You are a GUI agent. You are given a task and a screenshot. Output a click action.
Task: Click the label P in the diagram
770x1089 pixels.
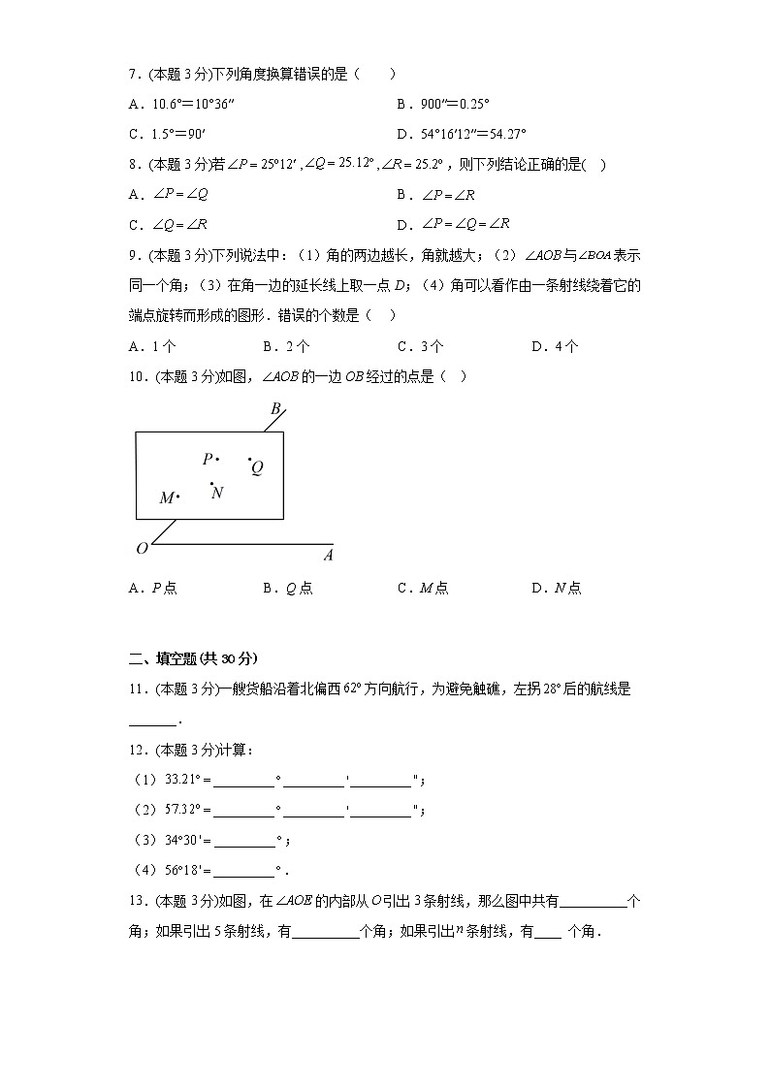(207, 459)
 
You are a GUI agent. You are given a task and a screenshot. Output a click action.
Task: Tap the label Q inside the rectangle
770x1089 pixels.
(257, 468)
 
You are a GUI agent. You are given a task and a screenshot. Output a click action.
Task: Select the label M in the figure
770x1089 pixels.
(166, 498)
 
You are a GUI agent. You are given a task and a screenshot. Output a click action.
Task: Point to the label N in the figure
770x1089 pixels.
(217, 493)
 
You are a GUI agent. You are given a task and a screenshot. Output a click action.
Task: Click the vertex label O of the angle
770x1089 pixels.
(142, 549)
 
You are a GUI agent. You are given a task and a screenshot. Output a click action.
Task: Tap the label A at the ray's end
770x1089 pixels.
(328, 556)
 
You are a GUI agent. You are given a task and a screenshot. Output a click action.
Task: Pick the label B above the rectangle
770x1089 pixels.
(275, 409)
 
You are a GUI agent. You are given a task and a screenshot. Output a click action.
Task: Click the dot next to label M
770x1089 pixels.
(178, 496)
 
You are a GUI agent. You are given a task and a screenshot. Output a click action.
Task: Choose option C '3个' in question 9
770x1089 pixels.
(421, 346)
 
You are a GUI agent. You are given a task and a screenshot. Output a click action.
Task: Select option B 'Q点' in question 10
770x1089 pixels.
(287, 588)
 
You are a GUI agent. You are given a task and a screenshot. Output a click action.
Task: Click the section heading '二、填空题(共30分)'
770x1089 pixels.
(193, 658)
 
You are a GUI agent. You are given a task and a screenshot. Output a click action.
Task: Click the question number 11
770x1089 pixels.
(137, 689)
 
